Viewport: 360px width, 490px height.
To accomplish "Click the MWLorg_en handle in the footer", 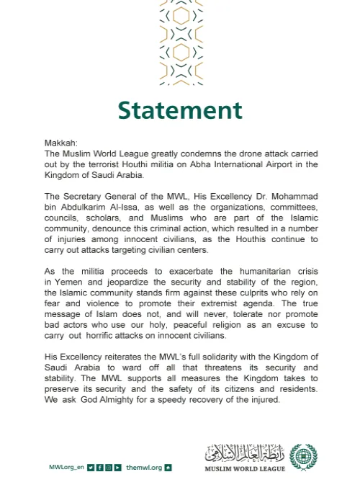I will (x=66, y=468).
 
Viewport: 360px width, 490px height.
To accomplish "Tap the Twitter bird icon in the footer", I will (x=91, y=468).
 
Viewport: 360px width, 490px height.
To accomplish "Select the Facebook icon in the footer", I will (x=99, y=468).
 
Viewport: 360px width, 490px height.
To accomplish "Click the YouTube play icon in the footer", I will (x=117, y=468).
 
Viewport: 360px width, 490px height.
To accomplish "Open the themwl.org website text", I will (x=143, y=468).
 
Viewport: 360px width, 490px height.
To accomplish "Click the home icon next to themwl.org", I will (x=168, y=468).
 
